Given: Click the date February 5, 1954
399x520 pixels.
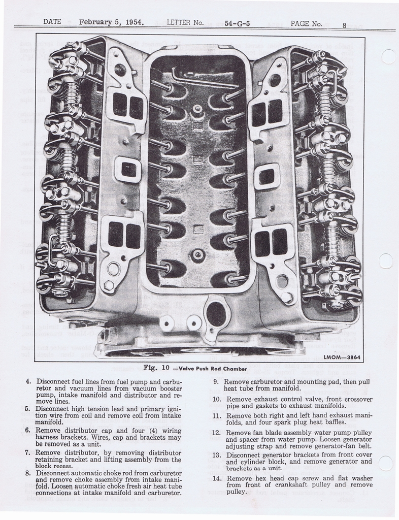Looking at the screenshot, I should pos(111,22).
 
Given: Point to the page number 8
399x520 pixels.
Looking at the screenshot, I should pos(344,24).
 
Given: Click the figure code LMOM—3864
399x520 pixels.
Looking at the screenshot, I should pos(342,357).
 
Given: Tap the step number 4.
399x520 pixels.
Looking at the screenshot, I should pos(28,381).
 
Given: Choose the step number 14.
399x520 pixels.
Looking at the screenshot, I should pos(217,478).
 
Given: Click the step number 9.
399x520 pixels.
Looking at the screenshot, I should pos(216,381).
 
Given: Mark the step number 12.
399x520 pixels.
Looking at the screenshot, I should pos(217,433).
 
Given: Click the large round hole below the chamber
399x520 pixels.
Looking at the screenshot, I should pos(216,313).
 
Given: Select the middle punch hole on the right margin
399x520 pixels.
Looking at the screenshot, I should pos(386,261).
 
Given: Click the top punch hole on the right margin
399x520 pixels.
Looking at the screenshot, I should pos(388,56).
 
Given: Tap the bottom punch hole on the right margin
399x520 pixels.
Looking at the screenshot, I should pos(386,463).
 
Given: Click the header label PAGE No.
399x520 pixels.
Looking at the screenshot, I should pos(306,23).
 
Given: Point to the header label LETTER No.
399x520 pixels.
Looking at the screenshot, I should pos(185,23).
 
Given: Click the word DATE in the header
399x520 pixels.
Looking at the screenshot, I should pos(52,22).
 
